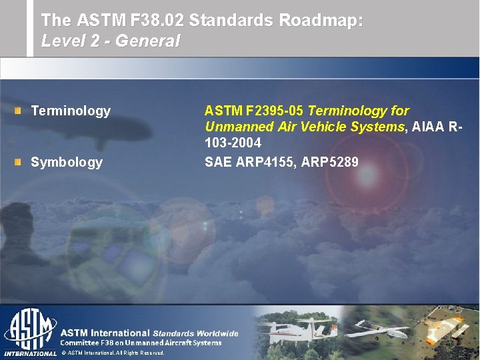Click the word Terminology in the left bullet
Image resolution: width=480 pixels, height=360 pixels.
71,111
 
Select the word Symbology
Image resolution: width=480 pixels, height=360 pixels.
67,162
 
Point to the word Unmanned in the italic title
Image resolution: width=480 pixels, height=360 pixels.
233,127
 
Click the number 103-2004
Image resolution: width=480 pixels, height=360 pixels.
233,143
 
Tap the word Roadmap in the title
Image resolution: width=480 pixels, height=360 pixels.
320,21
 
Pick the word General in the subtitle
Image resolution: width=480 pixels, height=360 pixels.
147,41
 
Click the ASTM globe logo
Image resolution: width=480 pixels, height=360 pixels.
30,327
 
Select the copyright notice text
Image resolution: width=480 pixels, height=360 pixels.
112,353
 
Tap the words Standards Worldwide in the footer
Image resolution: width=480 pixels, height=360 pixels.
195,333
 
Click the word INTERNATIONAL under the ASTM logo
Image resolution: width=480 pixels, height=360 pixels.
30,353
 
